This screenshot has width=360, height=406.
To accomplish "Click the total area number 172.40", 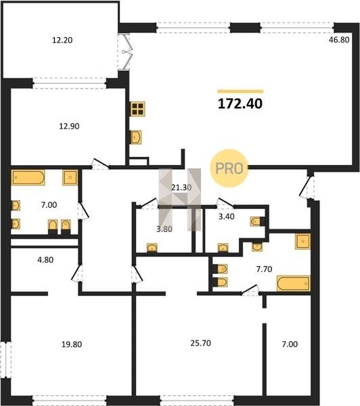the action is [240, 104].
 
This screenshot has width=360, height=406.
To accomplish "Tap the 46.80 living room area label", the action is [339, 40].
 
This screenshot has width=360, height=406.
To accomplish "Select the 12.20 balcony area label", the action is [62, 40].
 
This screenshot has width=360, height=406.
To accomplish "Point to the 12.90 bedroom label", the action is [69, 126].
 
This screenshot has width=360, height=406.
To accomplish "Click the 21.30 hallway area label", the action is [181, 187].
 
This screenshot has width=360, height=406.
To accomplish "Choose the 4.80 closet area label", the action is [45, 260].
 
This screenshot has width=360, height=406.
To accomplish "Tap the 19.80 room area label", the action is [72, 344].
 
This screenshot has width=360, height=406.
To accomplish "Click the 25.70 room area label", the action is [201, 343].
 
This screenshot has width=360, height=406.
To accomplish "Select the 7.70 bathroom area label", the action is [264, 269].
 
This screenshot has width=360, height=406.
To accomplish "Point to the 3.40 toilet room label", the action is [227, 217].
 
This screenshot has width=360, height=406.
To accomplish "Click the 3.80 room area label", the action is [164, 229].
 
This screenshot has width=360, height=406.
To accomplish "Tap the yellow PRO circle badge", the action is [229, 168].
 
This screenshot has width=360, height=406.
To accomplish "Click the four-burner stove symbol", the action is [137, 109].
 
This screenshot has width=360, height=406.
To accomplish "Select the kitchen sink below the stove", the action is [136, 137].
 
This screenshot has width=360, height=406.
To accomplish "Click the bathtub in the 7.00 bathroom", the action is [28, 177].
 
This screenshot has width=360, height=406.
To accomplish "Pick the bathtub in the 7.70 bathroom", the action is [294, 284].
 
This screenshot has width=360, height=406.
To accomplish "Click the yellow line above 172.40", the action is [240, 91].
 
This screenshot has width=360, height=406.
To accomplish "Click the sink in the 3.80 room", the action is [152, 248].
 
